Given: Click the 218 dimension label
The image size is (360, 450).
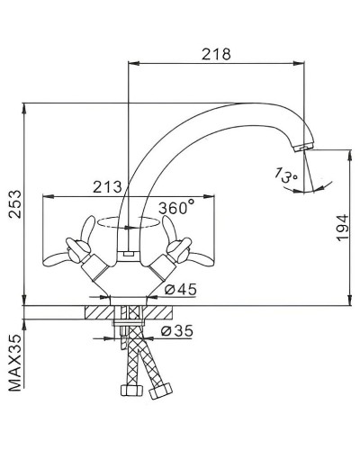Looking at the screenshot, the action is [216, 54].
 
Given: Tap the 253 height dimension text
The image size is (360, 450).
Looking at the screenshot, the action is [15, 204].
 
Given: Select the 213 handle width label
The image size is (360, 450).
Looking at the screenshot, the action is [107, 187].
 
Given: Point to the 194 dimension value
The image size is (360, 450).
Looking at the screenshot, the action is [342, 227].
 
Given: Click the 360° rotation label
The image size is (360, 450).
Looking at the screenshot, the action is [176, 207].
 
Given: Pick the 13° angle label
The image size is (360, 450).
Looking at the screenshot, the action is [286, 175].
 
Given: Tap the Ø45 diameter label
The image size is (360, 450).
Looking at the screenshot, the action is [181, 290].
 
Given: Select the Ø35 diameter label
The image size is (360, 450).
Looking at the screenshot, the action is [177, 331].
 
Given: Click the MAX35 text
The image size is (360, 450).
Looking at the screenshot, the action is [15, 363].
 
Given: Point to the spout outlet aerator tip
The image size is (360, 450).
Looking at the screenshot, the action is [304, 148].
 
